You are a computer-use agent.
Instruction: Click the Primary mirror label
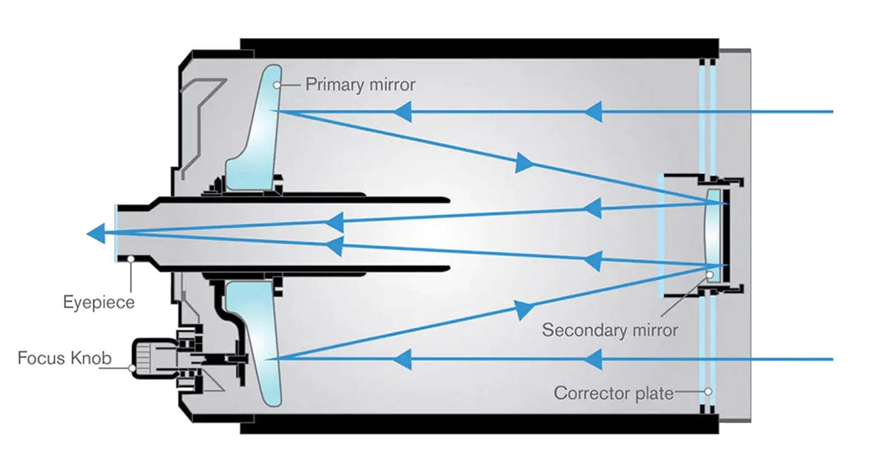[x=360, y=85]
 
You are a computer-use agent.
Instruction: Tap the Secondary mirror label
[x=610, y=330]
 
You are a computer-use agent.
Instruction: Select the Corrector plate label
[x=614, y=393]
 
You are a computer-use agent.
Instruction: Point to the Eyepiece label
[x=98, y=303]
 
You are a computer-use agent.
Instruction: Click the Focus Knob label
[x=65, y=358]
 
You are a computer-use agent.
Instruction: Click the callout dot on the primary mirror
[x=277, y=85]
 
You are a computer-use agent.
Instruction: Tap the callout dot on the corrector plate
[x=708, y=392]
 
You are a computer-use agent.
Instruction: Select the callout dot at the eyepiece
[x=131, y=259]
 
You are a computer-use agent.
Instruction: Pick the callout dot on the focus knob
[x=132, y=369]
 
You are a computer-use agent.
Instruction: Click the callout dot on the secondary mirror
[x=709, y=275]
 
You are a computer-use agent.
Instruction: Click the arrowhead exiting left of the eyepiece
[x=96, y=233]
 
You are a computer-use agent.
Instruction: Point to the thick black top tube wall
[x=479, y=48]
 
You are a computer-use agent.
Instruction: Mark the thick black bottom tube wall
[x=479, y=423]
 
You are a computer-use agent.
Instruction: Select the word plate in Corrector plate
[x=654, y=394]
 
